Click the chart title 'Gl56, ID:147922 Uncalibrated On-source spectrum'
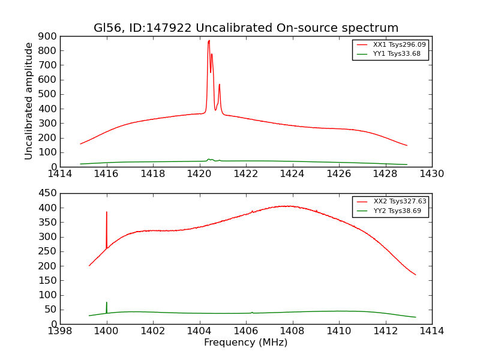pos(246,28)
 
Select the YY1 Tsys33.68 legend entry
pos(397,54)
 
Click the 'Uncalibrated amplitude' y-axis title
pos(29,101)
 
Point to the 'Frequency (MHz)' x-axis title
pos(246,343)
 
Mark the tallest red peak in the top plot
pos(209,41)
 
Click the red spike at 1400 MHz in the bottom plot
pos(107,212)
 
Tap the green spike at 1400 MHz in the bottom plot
pos(107,303)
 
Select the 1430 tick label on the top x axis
pos(431,174)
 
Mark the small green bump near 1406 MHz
pos(252,312)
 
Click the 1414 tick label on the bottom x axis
pos(431,331)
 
